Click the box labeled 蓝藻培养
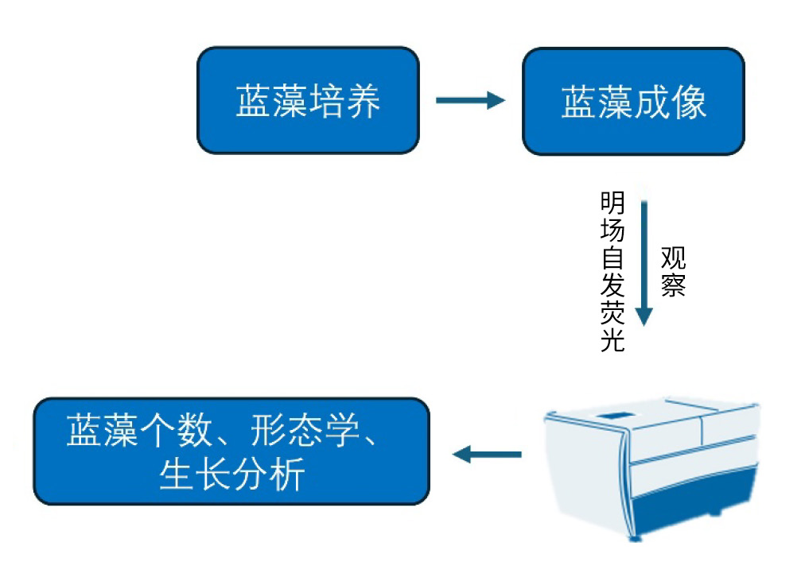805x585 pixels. pos(308,101)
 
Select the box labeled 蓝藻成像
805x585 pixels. pos(633,101)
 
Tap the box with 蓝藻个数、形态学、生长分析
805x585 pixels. pos(231,451)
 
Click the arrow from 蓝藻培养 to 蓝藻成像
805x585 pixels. pos(470,100)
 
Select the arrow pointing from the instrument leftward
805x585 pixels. pos(487,455)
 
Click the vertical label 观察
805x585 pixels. pos(673,271)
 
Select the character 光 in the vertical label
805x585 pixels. pos(612,339)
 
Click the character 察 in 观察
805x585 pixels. pos(673,285)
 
